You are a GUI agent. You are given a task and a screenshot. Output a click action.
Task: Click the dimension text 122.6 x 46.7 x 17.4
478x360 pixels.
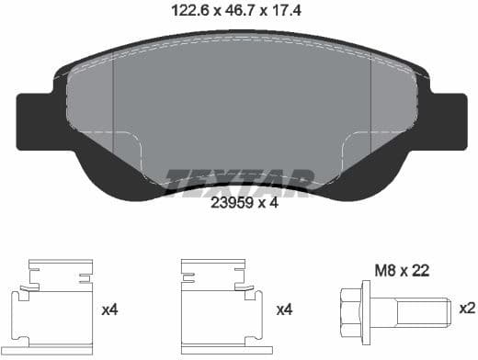239,11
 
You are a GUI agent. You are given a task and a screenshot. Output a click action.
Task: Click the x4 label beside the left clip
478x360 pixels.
110,310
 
